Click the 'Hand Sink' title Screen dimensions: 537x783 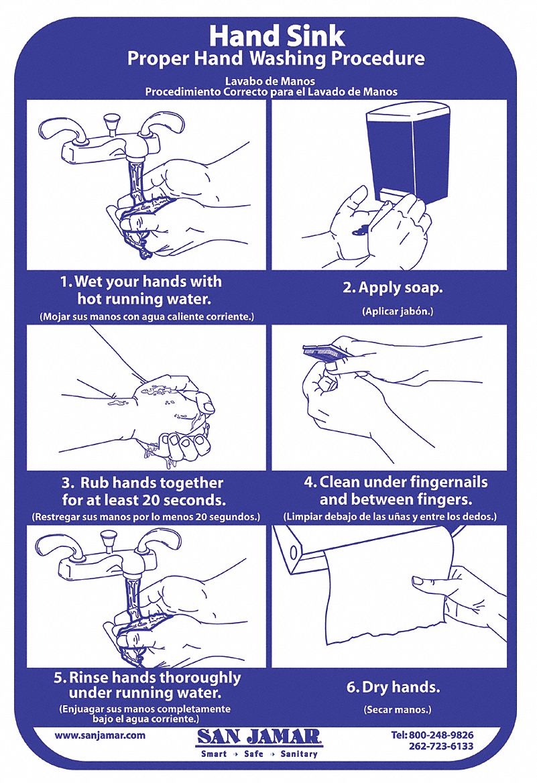click(x=277, y=36)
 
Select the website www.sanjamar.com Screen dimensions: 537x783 click(x=100, y=735)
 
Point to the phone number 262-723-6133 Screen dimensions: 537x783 click(x=441, y=747)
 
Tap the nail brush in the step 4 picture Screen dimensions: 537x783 click(x=324, y=353)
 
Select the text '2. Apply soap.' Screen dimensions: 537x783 click(x=393, y=288)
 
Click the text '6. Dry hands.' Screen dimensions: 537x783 click(x=393, y=687)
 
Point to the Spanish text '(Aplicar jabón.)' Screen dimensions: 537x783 click(x=398, y=311)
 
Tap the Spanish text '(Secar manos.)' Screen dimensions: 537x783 click(x=398, y=709)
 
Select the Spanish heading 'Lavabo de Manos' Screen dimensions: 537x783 click(x=270, y=81)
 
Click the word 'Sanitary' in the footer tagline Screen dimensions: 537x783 click(x=299, y=754)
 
